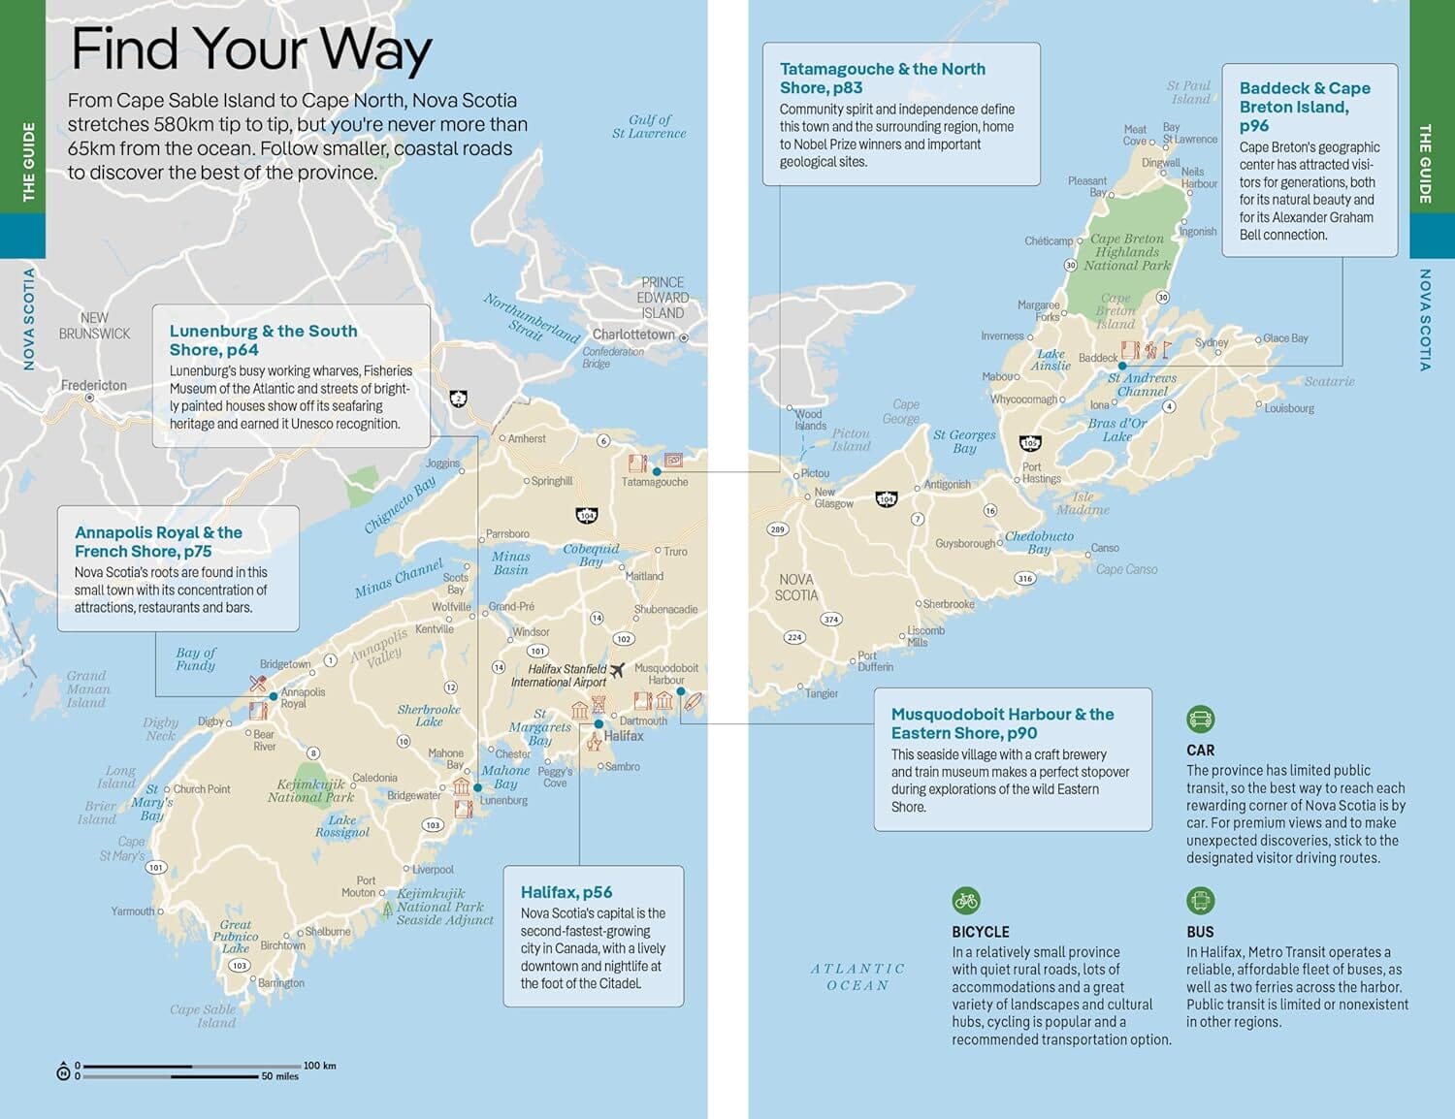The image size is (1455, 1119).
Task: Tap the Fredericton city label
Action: coord(94,385)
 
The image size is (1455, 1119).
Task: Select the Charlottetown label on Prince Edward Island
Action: coord(633,335)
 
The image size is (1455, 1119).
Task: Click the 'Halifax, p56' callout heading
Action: coord(566,892)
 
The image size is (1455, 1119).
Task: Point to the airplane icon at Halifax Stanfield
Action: coord(617,670)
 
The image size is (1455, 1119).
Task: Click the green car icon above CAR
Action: coord(1200,719)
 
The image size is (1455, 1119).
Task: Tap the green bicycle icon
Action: coord(965,901)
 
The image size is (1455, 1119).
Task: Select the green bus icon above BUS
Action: coord(1200,901)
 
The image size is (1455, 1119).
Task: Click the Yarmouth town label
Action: coord(133,911)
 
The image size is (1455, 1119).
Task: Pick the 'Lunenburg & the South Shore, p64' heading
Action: coord(263,340)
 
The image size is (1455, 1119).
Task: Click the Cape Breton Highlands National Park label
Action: coord(1127,252)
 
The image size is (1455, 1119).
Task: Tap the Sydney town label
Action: coord(1212,342)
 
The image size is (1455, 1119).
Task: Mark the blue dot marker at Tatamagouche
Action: coord(657,471)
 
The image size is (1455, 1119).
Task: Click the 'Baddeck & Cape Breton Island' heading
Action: coord(1305,107)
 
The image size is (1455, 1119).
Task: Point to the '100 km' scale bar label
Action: coord(319,1066)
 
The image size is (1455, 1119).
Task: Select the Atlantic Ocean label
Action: coord(857,976)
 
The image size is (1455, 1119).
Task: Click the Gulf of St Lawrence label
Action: coord(649,126)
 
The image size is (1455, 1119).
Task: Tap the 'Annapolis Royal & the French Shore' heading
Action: coord(158,542)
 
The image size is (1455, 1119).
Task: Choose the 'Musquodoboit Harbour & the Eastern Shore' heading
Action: coord(1002,723)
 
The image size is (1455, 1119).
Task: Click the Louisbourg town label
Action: coord(1289,408)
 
